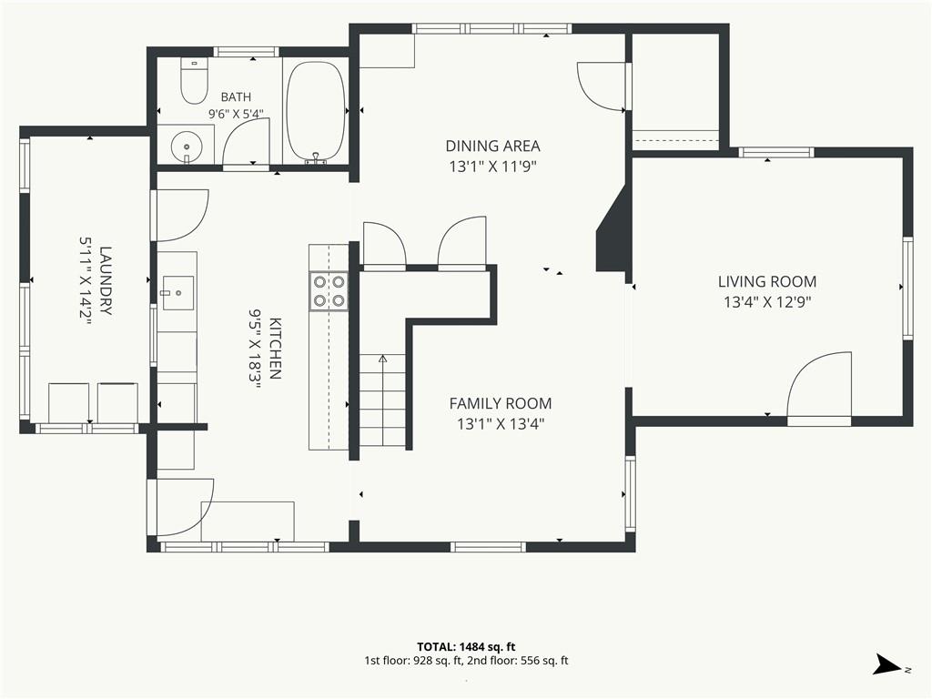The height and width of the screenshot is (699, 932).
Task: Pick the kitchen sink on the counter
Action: coord(177,292)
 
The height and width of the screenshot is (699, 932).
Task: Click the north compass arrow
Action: coord(888,664)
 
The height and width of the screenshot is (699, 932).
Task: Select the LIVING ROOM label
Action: coord(766,281)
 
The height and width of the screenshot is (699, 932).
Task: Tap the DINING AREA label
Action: coord(492,146)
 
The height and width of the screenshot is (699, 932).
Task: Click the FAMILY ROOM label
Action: coord(501,403)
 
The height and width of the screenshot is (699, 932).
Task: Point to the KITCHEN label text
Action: coord(275,349)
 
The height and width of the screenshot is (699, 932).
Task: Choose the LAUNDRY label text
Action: coord(106,280)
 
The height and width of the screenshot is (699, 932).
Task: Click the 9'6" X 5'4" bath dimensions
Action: coord(236,114)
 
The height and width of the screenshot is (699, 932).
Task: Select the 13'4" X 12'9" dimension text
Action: coord(767,302)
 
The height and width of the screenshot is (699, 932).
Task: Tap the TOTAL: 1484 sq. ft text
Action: coord(466,647)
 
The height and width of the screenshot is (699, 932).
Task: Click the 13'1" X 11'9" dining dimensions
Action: coord(492,167)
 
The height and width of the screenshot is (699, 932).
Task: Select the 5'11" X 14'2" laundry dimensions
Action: coord(85,280)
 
